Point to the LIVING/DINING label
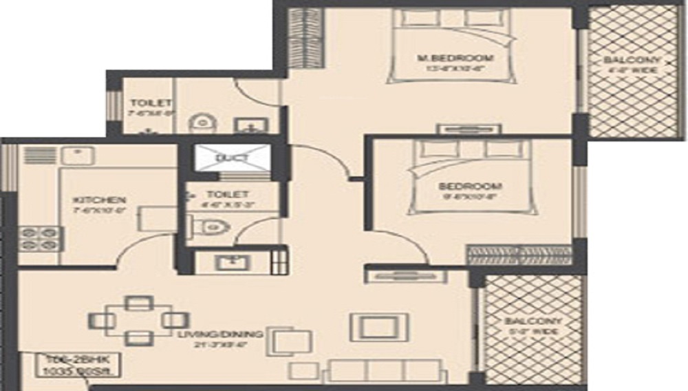coord(219,335)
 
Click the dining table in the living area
coord(138,320)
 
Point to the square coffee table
coord(379,327)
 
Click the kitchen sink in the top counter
coord(78,154)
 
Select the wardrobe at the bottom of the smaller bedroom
coord(519,255)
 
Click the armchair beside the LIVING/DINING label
coord(285,342)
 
